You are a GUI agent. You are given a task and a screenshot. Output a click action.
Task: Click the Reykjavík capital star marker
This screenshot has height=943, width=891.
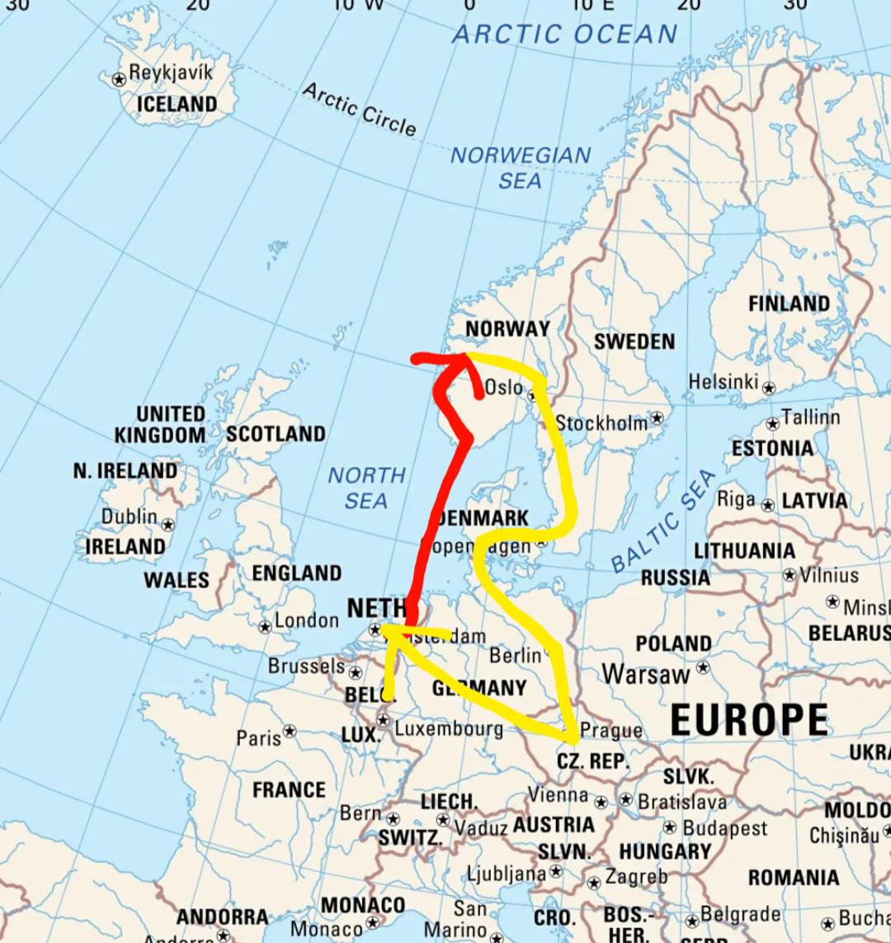coord(119,79)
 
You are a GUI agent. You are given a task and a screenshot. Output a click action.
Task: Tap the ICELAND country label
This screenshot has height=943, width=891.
coord(177,104)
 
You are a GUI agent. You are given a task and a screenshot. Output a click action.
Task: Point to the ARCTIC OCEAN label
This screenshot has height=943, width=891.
coord(565,35)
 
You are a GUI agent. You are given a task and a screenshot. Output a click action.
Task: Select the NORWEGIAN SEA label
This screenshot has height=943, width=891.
coord(521,167)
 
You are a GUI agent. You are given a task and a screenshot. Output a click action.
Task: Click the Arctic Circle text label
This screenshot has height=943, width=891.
coord(360,108)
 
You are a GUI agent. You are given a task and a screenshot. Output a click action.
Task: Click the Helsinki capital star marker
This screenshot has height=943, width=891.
coord(769,387)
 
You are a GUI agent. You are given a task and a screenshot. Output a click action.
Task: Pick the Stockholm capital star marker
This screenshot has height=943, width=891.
coord(657,418)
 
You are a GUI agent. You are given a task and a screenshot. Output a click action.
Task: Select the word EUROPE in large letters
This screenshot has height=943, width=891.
coord(748,719)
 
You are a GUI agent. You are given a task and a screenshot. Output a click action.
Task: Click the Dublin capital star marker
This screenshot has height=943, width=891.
coord(168,524)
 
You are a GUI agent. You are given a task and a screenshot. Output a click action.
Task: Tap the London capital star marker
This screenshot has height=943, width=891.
coord(265,627)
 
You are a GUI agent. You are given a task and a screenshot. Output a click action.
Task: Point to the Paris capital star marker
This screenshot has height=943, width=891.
coord(290,731)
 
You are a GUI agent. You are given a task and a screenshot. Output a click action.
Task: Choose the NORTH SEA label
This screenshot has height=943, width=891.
coord(367,488)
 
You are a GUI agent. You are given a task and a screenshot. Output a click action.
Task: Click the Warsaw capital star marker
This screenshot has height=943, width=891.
coord(703,667)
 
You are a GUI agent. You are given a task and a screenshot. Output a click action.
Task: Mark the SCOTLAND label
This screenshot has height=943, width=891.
coord(276,434)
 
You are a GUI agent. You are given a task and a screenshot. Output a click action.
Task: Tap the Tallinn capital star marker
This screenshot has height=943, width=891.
coord(772,424)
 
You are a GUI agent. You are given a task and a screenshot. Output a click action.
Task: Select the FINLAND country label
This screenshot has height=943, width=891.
coord(789,304)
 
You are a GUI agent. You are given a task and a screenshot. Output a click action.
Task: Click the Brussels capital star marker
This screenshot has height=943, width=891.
coord(356,672)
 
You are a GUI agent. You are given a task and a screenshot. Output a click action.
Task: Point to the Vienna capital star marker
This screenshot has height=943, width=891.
coord(601,802)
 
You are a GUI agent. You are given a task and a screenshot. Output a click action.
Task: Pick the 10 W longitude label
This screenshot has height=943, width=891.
coord(359,5)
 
